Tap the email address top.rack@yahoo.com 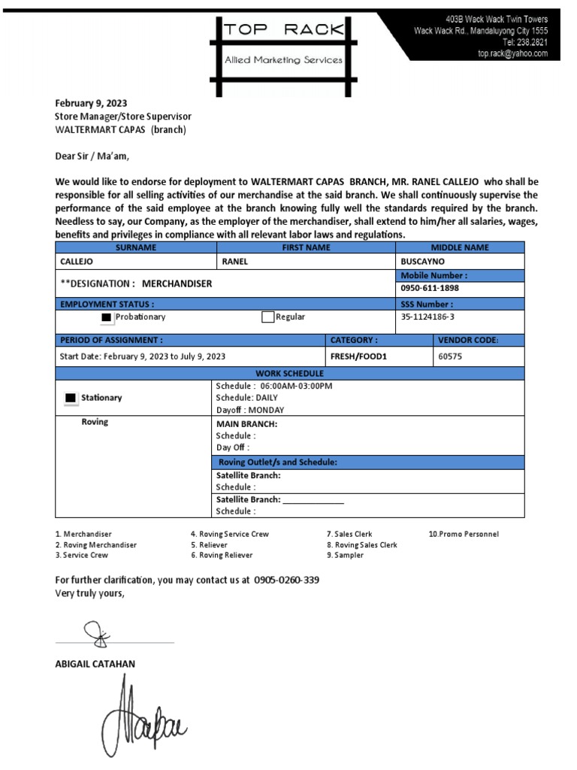pyautogui.click(x=512, y=54)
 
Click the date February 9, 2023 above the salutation pyautogui.click(x=91, y=104)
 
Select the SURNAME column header pyautogui.click(x=136, y=247)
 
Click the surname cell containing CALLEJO pyautogui.click(x=78, y=262)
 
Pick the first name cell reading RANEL pyautogui.click(x=234, y=262)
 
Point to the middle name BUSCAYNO pyautogui.click(x=422, y=262)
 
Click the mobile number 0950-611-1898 pyautogui.click(x=430, y=288)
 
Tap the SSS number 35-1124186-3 pyautogui.click(x=428, y=317)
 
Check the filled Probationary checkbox pyautogui.click(x=107, y=317)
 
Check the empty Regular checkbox pyautogui.click(x=267, y=317)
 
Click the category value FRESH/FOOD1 pyautogui.click(x=358, y=356)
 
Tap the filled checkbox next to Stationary pyautogui.click(x=71, y=398)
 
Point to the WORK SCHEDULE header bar pyautogui.click(x=289, y=374)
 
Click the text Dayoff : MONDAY pyautogui.click(x=249, y=410)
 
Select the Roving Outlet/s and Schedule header pyautogui.click(x=277, y=462)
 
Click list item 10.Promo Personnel pyautogui.click(x=464, y=534)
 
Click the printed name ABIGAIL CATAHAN pyautogui.click(x=95, y=664)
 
